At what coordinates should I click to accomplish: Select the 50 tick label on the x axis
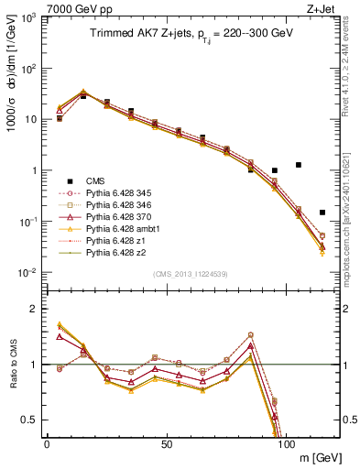[166, 443]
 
